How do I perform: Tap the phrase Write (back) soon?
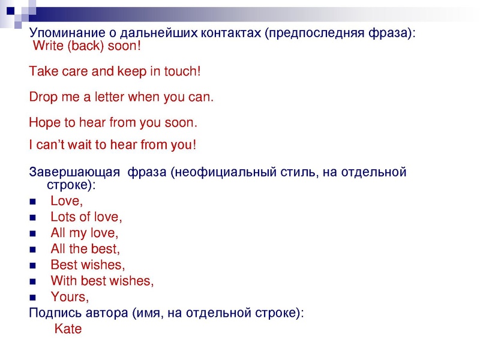coord(86,45)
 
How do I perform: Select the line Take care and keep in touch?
coord(115,71)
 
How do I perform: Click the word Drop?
coord(43,97)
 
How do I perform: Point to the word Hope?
coord(44,123)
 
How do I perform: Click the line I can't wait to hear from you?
coord(113,145)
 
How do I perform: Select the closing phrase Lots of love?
coord(86,217)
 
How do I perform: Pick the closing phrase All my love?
coord(85,232)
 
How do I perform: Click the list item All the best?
coord(85,248)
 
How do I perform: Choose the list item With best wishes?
coord(102,280)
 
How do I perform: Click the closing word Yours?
coord(70,296)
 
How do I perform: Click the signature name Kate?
coord(68,329)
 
